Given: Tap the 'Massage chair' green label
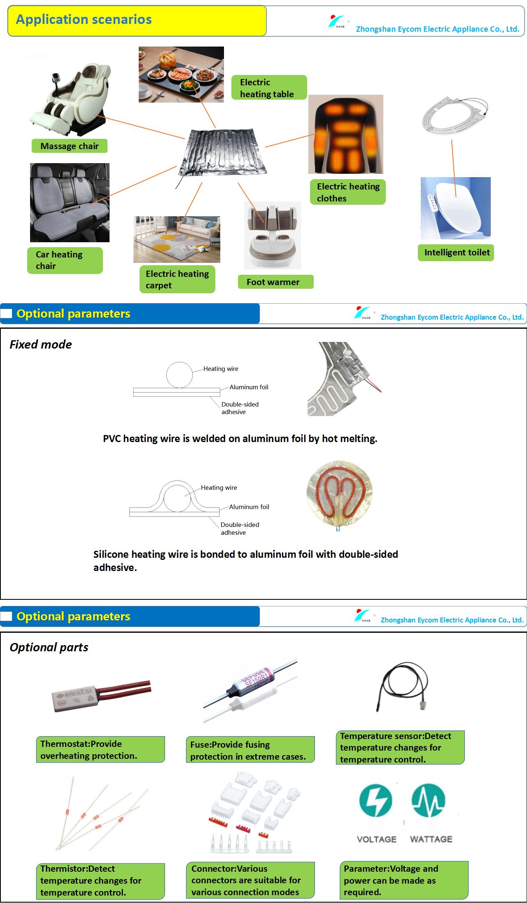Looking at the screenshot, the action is pos(70,146).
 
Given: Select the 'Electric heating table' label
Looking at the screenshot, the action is pos(269,88).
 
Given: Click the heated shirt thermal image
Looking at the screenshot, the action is pos(346,134).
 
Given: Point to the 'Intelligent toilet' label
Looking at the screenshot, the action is pos(456,253).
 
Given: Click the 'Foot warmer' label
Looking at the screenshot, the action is pos(275,282).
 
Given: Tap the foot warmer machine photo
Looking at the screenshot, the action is pos(273,235).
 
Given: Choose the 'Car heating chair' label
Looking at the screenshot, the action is pos(65,260).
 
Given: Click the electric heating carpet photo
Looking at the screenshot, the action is pos(177,239).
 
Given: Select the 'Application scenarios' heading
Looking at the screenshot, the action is pos(84,19).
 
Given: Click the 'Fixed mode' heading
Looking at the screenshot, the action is pos(41,344).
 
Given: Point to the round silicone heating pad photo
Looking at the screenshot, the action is pos(340,496).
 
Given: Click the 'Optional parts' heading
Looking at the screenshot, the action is pos(49,647).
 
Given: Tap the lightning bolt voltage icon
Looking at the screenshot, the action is pos(375,801).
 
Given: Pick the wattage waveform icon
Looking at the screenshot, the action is pos(429,800).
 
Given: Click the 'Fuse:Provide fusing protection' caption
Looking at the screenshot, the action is pos(250,750).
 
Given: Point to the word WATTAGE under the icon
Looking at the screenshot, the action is pos(431,839).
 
